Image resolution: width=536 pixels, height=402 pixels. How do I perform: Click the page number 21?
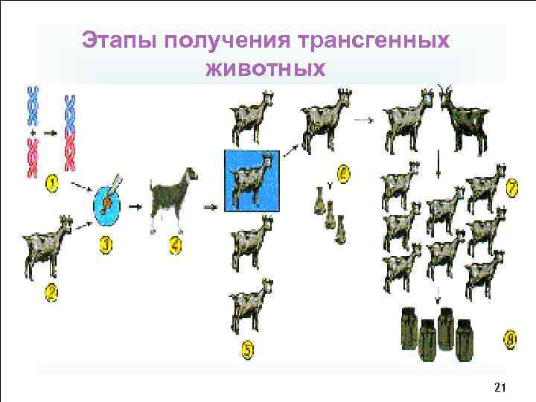pyautogui.click(x=500, y=388)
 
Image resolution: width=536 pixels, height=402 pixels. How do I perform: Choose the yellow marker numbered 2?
pyautogui.click(x=51, y=293)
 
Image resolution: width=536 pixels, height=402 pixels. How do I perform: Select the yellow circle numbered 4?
pyautogui.click(x=175, y=242)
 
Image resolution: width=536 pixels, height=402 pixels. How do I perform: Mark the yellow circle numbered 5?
pyautogui.click(x=249, y=348)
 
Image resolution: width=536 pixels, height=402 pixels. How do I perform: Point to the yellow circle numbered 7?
pyautogui.click(x=512, y=186)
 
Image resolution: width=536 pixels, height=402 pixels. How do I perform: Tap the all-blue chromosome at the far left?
pyautogui.click(x=33, y=110)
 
